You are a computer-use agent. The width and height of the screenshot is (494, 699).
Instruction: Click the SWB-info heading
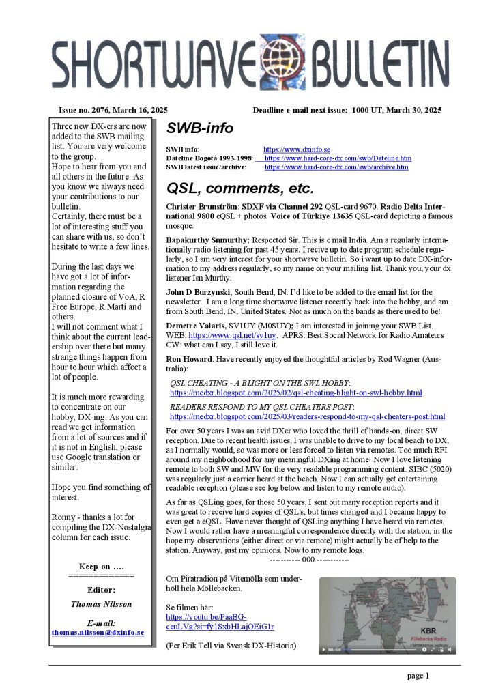click(200, 128)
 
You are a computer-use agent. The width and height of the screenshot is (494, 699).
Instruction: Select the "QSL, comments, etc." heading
click(240, 188)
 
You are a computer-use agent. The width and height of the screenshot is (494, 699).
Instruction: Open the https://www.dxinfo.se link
click(297, 149)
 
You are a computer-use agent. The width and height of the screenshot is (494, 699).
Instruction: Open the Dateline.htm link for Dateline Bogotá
click(338, 158)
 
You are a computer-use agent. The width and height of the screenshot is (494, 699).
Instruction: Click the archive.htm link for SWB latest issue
click(336, 167)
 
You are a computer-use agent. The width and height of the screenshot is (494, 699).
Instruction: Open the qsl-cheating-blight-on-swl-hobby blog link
click(295, 393)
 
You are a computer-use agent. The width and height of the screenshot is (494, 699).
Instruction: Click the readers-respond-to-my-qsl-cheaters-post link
click(307, 416)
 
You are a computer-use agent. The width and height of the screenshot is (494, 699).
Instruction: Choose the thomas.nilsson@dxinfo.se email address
click(98, 632)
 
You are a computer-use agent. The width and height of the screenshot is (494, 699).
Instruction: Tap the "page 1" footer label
click(418, 676)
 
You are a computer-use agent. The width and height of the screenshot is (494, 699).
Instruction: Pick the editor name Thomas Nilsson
click(101, 603)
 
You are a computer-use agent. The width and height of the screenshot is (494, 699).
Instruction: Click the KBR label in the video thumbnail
click(428, 630)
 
